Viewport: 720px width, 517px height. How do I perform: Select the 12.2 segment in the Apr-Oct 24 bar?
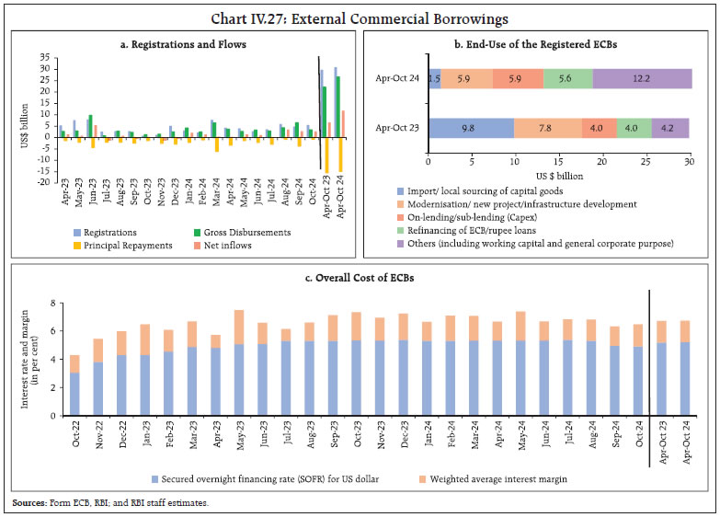pos(643,79)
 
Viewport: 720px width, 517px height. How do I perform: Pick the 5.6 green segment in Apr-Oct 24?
pos(567,79)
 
